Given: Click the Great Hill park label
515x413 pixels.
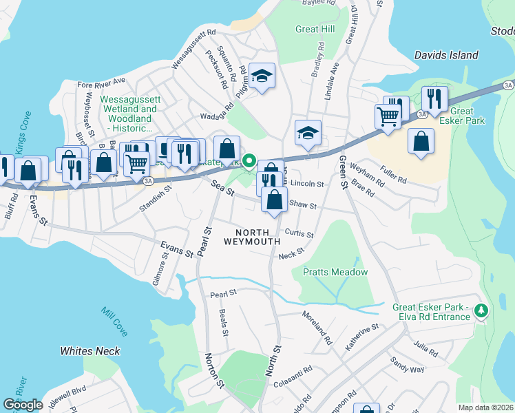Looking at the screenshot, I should point(316,29).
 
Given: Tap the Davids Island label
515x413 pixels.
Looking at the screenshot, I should point(446,55).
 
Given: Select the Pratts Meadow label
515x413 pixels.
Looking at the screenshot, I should point(335,272).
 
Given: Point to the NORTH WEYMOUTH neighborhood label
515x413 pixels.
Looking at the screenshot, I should point(252,236).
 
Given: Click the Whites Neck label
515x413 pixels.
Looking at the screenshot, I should point(90,351).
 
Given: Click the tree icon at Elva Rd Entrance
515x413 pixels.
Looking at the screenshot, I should point(481,312).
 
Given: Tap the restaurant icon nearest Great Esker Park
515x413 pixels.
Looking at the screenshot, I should point(434,98).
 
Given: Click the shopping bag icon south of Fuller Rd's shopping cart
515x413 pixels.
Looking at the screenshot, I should point(421,141).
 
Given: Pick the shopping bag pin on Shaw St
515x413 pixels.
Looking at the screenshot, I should point(275,200).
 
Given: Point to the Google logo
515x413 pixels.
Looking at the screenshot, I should point(23,405).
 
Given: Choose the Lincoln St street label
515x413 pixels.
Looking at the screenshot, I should point(307,184).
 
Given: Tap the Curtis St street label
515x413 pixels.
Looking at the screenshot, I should point(299,234).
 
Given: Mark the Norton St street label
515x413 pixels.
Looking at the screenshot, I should point(213,369).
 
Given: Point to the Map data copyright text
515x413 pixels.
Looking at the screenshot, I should point(485,407).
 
